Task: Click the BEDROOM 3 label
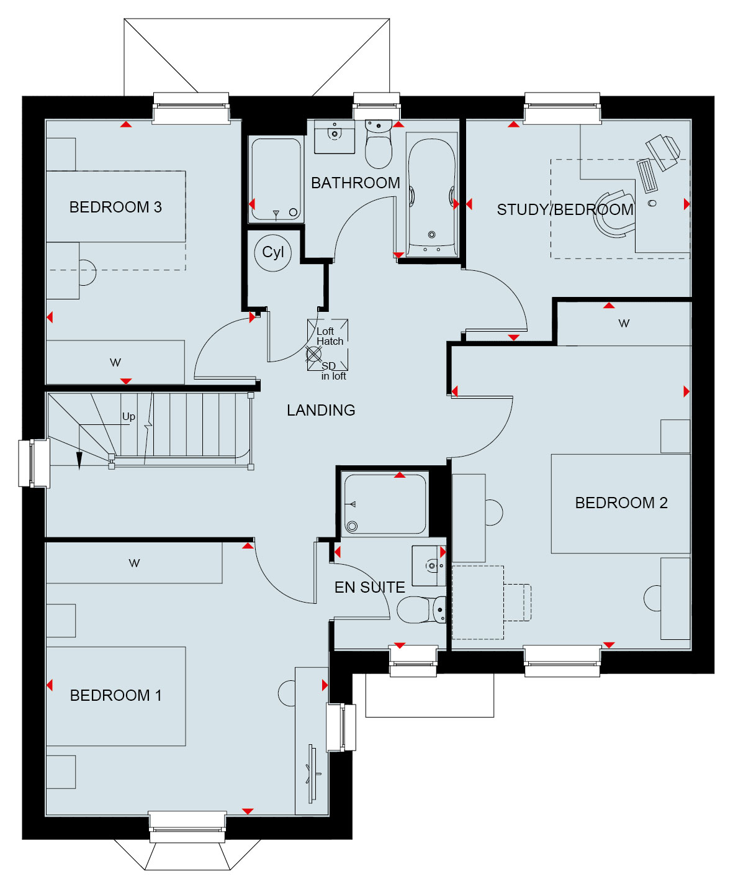tap(115, 207)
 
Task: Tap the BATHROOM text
tap(355, 183)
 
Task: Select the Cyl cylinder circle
tap(272, 253)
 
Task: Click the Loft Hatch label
tap(330, 336)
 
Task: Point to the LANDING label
tap(321, 410)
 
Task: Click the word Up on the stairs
tap(128, 416)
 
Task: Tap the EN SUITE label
tap(369, 587)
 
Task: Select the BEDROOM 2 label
tap(621, 503)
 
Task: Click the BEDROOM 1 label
tap(115, 695)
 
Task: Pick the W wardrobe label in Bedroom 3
tap(115, 362)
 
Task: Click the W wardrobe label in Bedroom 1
tap(134, 563)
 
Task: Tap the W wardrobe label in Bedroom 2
tap(624, 323)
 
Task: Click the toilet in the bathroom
tap(378, 144)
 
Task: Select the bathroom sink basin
tap(335, 133)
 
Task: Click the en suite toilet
tap(421, 609)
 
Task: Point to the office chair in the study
tap(614, 213)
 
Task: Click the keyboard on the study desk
tap(647, 175)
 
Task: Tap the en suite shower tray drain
tap(352, 526)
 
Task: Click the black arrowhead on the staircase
tap(79, 461)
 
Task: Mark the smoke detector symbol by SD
tap(313, 354)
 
